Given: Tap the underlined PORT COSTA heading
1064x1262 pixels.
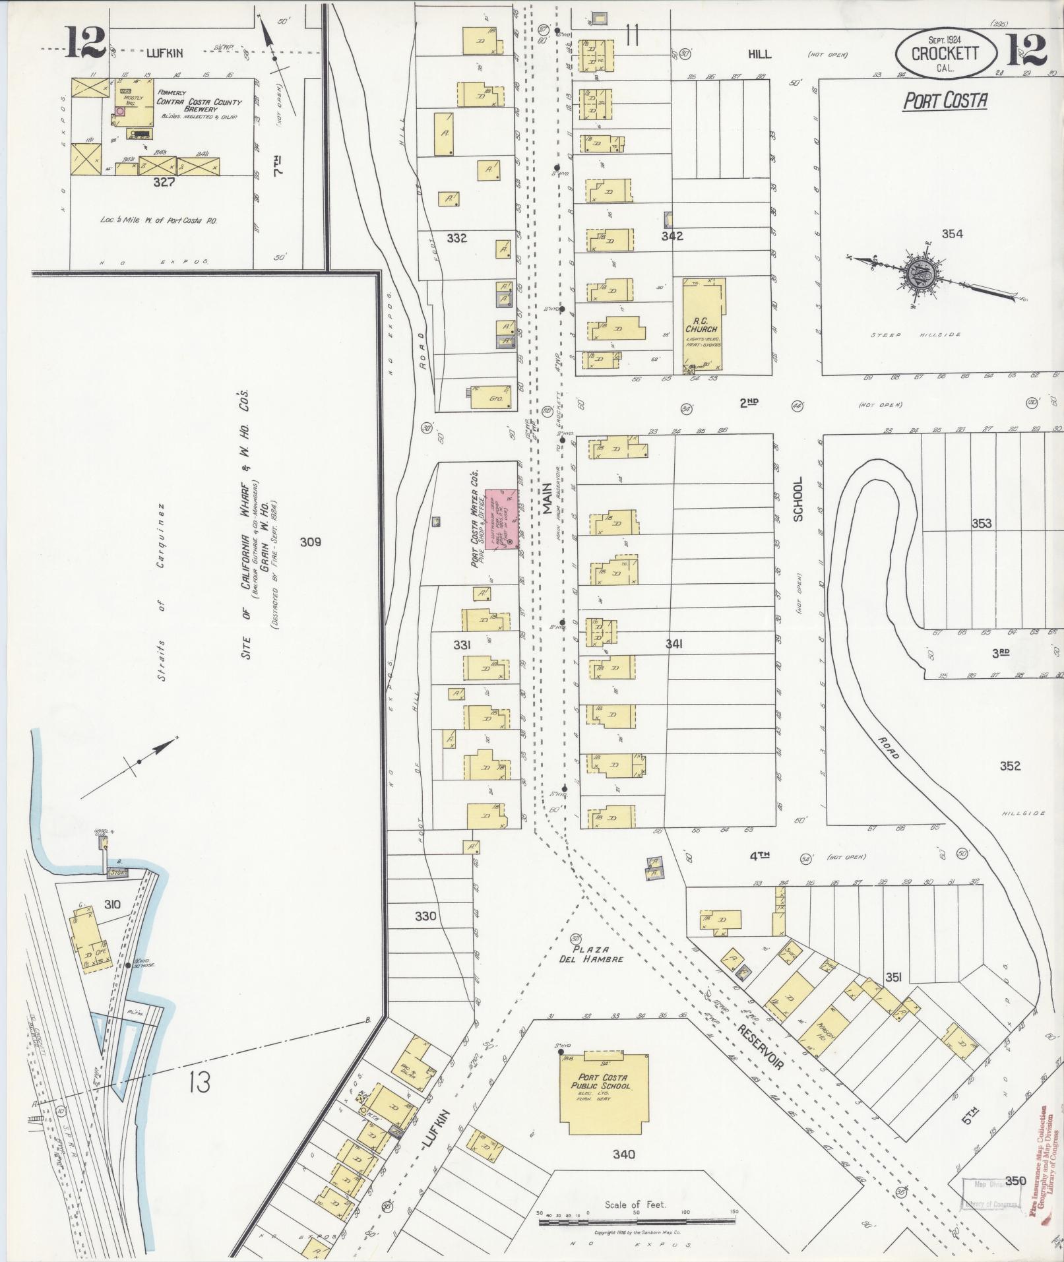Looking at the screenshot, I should click(x=945, y=100).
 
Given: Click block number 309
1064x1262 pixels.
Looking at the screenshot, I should click(x=310, y=542).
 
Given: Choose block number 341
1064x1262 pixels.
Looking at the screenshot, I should click(x=673, y=644).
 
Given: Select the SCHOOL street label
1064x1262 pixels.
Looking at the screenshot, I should click(x=798, y=499).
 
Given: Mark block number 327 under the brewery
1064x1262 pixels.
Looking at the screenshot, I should click(x=163, y=182).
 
